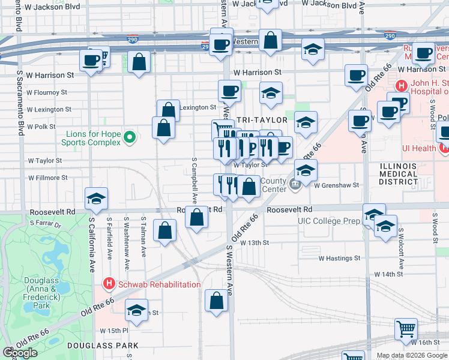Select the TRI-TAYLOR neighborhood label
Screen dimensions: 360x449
tap(258, 120)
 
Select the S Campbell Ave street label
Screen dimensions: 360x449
tap(194, 181)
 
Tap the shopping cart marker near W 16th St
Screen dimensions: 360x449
tap(406, 329)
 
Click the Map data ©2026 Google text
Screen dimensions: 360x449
tap(411, 355)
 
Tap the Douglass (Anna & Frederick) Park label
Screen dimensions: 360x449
tap(41, 293)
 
